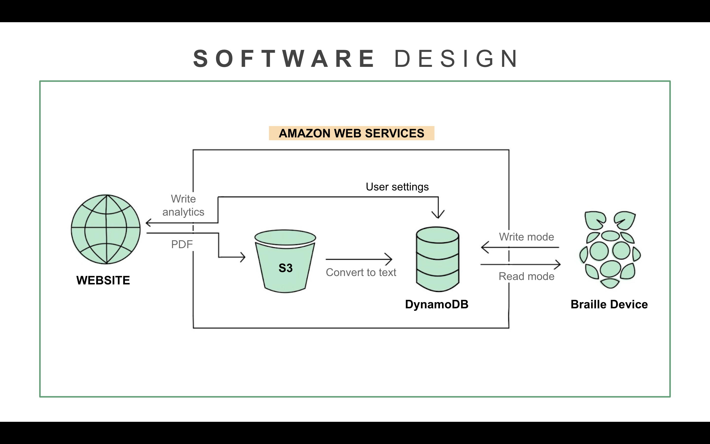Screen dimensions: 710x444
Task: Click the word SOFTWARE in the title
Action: click(x=284, y=58)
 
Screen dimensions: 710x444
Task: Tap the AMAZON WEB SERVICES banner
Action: click(x=352, y=133)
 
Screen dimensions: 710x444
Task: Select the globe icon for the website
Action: click(x=106, y=229)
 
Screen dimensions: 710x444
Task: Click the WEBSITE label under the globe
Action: click(x=103, y=280)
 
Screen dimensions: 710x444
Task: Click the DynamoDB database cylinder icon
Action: click(x=437, y=259)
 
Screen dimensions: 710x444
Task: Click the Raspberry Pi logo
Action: click(x=610, y=250)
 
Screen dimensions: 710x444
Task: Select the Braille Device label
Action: click(x=609, y=304)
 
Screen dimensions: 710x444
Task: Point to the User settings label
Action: click(x=397, y=187)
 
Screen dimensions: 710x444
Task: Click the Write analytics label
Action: click(x=183, y=205)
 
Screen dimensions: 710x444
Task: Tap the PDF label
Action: click(x=182, y=244)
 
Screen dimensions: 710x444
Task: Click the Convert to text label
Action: click(x=361, y=273)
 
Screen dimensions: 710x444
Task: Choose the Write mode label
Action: click(x=527, y=237)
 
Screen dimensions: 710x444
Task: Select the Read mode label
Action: click(x=527, y=276)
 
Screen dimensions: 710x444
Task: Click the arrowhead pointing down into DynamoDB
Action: click(x=438, y=215)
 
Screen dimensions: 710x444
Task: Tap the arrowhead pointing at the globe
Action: click(x=148, y=223)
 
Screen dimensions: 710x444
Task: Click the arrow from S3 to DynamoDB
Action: click(x=359, y=259)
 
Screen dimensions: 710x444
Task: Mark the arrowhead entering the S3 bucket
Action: click(x=243, y=257)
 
